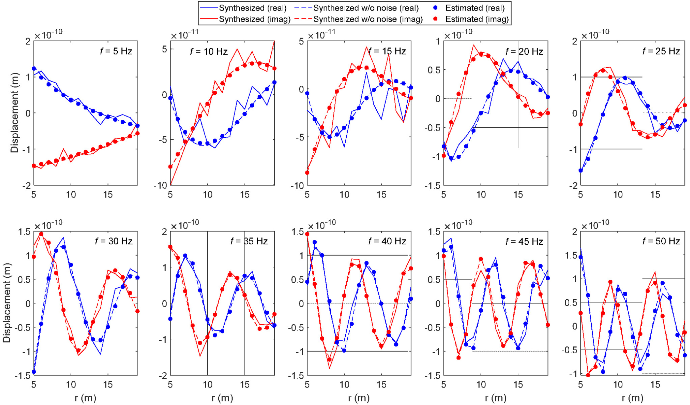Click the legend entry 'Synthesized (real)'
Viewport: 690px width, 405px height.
click(252, 8)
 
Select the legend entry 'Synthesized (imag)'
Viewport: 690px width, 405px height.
click(254, 19)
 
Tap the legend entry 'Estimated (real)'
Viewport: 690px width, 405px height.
click(475, 8)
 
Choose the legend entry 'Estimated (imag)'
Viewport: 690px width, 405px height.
click(477, 19)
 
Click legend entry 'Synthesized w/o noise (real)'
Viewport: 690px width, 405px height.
click(365, 8)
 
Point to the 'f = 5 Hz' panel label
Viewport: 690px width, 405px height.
click(116, 51)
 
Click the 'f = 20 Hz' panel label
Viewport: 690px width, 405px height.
click(524, 51)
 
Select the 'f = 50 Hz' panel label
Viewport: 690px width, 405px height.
click(661, 241)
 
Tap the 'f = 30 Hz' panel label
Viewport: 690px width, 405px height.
click(114, 241)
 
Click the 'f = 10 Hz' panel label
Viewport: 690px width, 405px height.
click(209, 51)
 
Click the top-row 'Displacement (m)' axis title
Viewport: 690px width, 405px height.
click(15, 113)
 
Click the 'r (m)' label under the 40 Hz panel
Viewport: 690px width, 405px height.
click(359, 398)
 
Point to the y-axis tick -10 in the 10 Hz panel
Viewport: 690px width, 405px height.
click(160, 185)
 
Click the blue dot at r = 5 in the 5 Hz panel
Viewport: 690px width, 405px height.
click(34, 69)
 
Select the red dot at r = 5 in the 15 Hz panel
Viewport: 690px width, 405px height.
click(307, 173)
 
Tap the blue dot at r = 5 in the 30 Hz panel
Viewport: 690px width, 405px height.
click(34, 372)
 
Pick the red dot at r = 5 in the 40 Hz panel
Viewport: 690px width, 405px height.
click(307, 234)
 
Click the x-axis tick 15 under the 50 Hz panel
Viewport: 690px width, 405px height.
click(655, 385)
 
